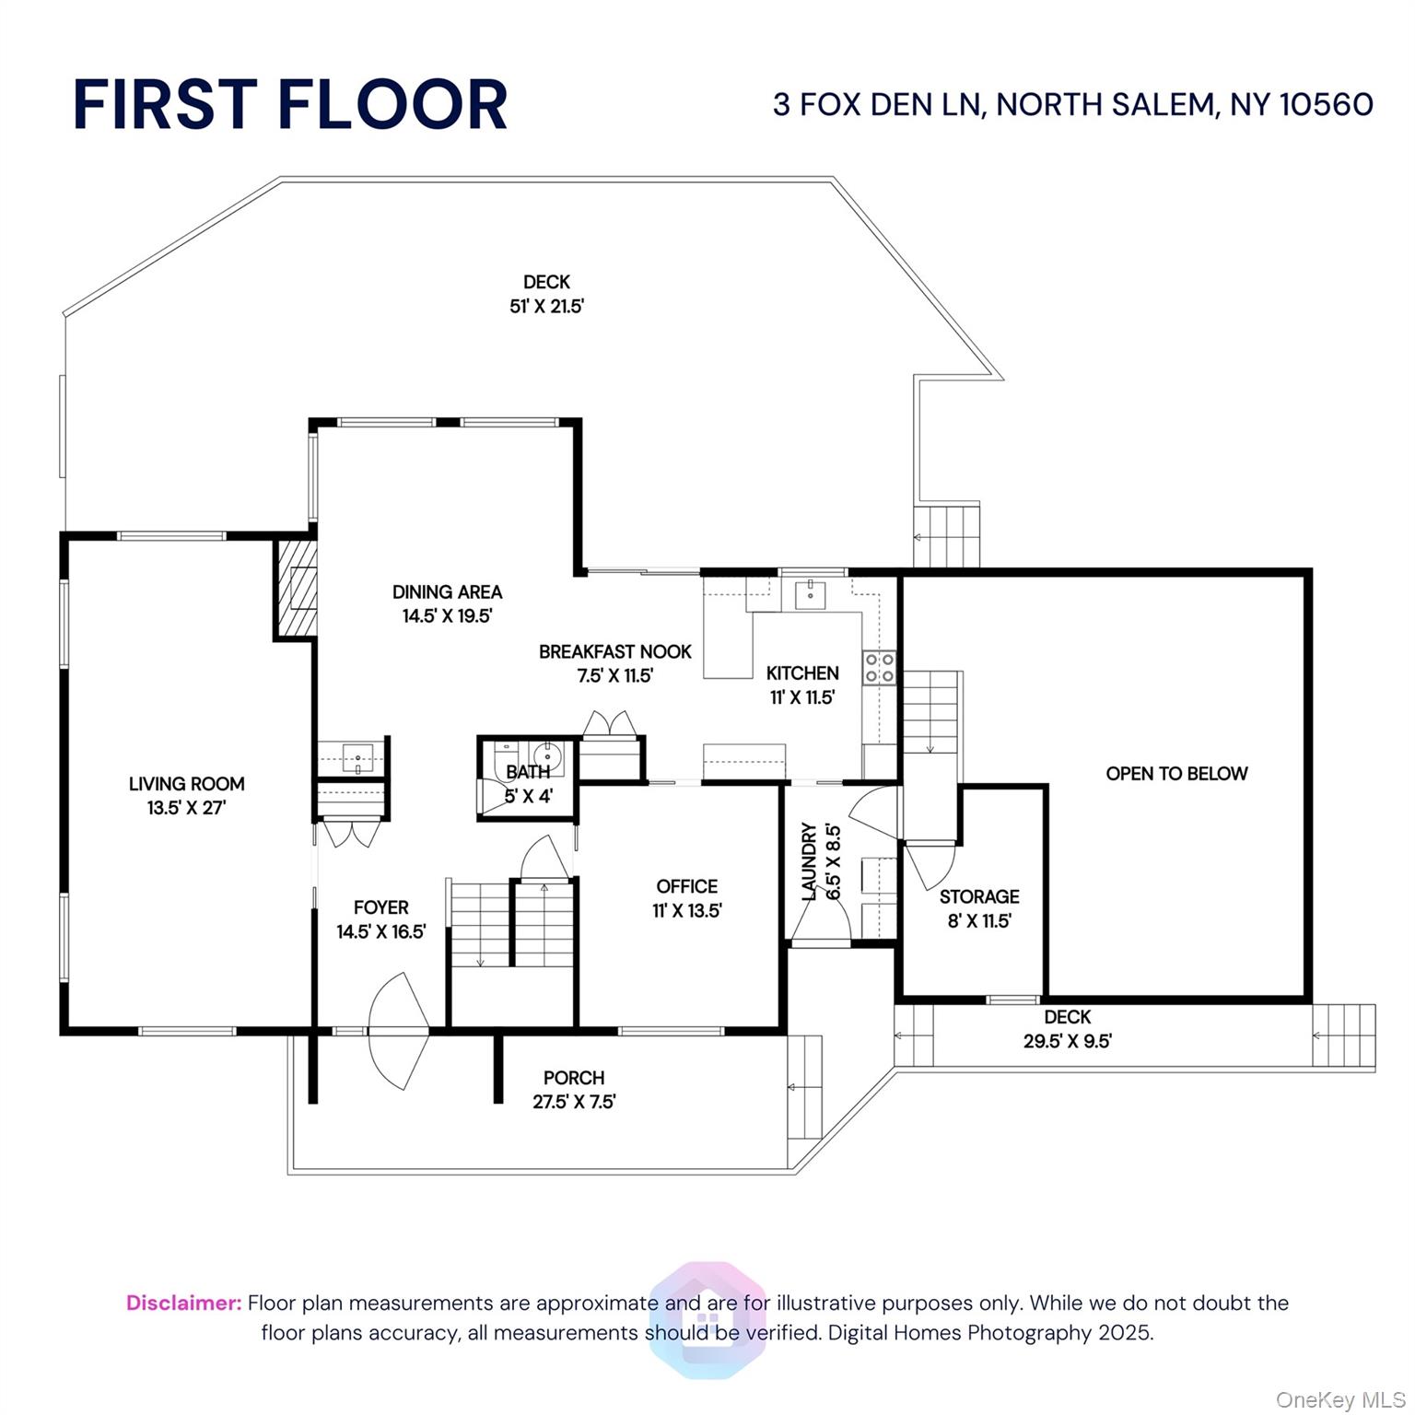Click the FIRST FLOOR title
(290, 104)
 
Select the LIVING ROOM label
(186, 784)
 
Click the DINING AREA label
(447, 592)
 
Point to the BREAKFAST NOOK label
(614, 651)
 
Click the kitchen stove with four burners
(879, 668)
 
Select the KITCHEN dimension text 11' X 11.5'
(801, 697)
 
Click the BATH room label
(528, 772)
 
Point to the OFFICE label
(686, 886)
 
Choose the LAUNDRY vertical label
(810, 861)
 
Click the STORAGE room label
(979, 896)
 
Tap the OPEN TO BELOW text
(1176, 774)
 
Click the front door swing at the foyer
(399, 1031)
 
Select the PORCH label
(573, 1077)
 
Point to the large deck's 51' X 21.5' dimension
(546, 307)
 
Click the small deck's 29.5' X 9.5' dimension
(1067, 1041)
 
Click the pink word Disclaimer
(183, 1303)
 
